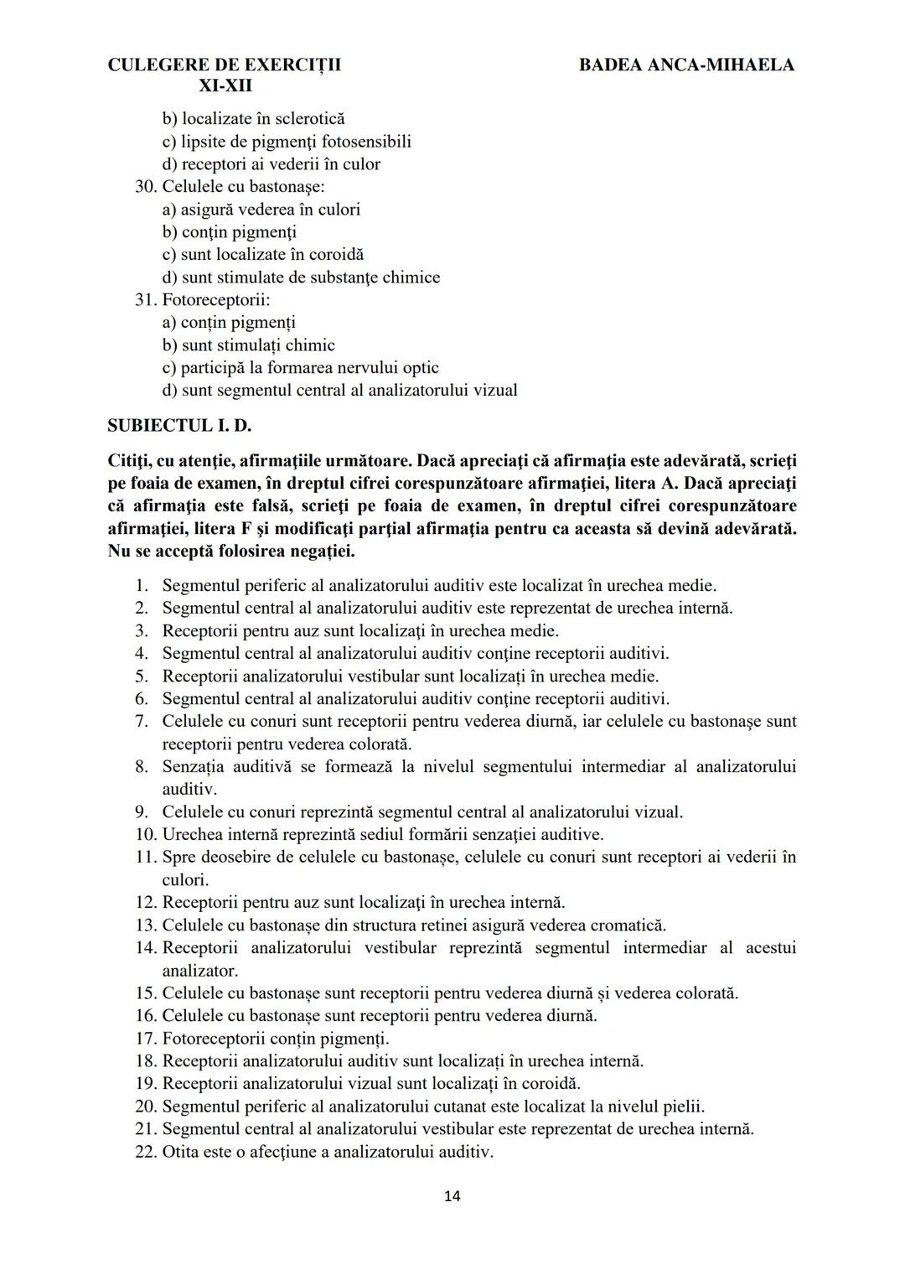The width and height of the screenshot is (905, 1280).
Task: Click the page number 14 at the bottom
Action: (452, 1196)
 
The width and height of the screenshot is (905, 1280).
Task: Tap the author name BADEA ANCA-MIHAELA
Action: (686, 65)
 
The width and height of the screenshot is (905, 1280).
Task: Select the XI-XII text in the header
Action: (225, 86)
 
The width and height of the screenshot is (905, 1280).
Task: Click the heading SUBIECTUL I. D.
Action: (179, 425)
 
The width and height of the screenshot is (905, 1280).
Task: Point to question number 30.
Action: (146, 187)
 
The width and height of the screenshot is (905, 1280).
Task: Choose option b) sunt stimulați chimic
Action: (249, 345)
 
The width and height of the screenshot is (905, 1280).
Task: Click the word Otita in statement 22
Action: (181, 1152)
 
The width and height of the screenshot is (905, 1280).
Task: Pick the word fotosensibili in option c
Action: (366, 142)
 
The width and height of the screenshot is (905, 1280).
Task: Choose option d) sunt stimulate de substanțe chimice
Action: (301, 277)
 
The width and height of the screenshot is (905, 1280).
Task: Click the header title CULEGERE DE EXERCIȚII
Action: (225, 65)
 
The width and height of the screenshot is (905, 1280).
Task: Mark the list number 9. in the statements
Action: (142, 812)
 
